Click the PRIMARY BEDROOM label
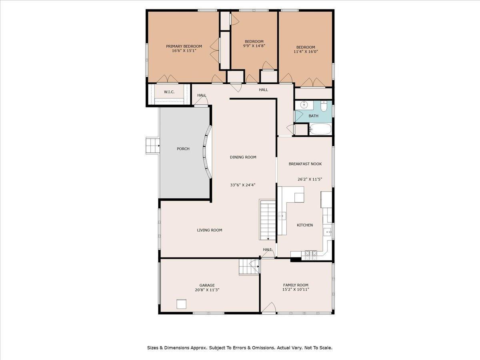pos(184,46)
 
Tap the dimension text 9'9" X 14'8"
pos(254,46)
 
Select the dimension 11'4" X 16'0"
pos(306,52)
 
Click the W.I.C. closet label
pos(169,92)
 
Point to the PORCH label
pos(183,149)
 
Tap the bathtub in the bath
pos(320,129)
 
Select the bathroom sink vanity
pos(304,105)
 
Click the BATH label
pos(313,116)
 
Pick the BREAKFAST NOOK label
pos(305,164)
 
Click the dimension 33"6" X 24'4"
pos(243,185)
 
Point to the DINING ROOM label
pos(243,157)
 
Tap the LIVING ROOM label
pos(209,230)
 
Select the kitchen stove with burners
pos(311,253)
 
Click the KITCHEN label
pos(304,225)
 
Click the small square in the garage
pos(182,304)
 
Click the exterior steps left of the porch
pos(152,145)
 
